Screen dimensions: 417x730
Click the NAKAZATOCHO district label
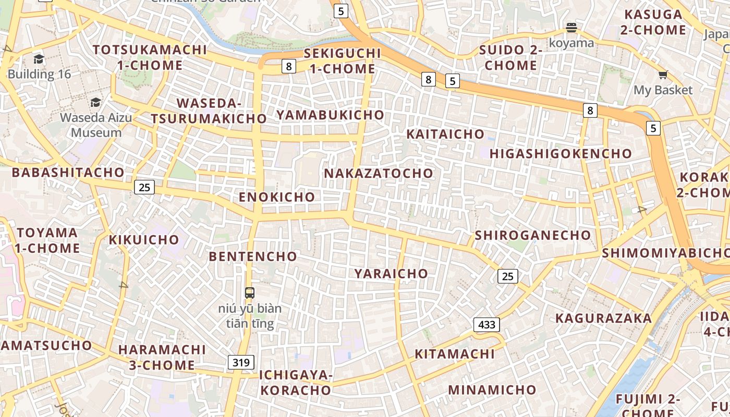pos(379,173)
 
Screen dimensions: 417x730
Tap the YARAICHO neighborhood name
pos(391,274)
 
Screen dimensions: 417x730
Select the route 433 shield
pos(486,325)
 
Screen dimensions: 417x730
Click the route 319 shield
pos(241,362)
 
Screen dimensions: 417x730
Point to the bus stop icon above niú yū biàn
pos(250,292)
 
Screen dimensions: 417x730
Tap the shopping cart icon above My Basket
pos(663,75)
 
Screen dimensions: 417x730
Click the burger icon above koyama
pos(571,27)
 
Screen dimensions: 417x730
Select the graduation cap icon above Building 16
pos(39,59)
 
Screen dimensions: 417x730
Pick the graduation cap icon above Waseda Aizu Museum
pos(95,102)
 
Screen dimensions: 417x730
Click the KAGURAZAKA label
pos(603,318)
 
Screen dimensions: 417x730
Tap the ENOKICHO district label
pos(277,197)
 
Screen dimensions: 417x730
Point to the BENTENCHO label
pos(253,256)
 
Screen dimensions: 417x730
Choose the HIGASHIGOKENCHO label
pos(561,154)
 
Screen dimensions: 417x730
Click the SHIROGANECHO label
pos(532,235)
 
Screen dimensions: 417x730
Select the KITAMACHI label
pos(454,354)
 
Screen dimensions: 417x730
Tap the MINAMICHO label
pos(492,390)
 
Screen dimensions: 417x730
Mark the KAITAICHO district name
pos(445,134)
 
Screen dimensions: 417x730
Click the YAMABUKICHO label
pos(330,115)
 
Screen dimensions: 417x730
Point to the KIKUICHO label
pos(144,240)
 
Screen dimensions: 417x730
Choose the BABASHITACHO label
pos(68,173)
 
